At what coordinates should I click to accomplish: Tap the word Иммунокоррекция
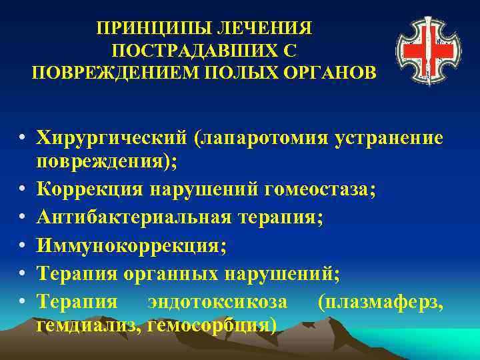[x=131, y=246]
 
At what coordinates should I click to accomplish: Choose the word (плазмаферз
[x=379, y=302]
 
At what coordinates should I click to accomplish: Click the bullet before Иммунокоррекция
[x=23, y=247]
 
